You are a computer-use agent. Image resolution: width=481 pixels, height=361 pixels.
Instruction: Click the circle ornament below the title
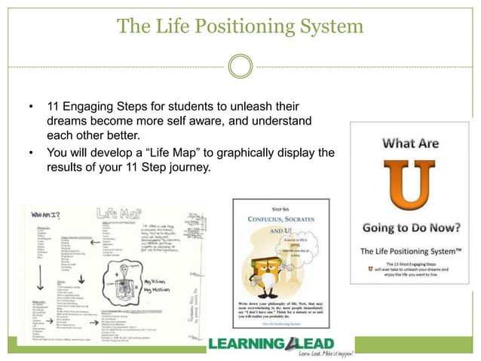pos(240,66)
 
